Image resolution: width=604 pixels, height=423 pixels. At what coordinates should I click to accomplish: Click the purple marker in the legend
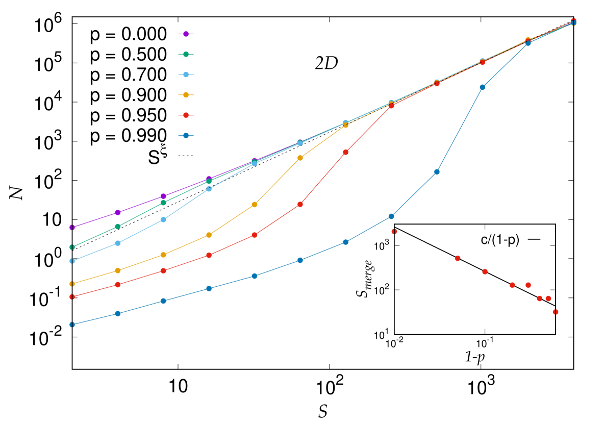[186, 34]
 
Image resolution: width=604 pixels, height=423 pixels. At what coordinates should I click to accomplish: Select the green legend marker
[186, 54]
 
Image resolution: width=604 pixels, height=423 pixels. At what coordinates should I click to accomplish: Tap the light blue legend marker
[186, 74]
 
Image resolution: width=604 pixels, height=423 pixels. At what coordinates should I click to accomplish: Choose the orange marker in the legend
[186, 95]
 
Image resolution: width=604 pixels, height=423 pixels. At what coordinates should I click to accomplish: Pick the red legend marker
[186, 115]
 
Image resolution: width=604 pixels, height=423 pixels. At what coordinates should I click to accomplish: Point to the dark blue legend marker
[186, 136]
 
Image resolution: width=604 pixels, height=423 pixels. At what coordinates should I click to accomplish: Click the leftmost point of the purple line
[72, 228]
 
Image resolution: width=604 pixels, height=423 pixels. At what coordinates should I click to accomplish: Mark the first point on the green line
[72, 247]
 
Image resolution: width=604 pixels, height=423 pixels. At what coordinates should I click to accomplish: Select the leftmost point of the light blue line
[72, 261]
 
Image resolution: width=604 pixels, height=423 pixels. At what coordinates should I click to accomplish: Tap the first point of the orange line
[72, 284]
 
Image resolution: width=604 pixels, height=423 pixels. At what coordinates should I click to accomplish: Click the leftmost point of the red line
[72, 296]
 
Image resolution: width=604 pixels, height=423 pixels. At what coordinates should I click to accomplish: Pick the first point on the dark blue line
[72, 325]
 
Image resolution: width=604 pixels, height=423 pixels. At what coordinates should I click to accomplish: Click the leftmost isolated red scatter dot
[394, 232]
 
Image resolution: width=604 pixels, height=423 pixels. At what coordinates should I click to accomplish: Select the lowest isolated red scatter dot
[556, 312]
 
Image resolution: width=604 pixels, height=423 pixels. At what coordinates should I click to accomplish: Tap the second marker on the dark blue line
[118, 313]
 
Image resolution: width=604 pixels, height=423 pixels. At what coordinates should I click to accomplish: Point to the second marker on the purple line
[118, 212]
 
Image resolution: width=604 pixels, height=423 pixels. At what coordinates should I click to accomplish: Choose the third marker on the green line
[163, 203]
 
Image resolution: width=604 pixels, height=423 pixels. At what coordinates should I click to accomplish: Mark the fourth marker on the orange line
[209, 235]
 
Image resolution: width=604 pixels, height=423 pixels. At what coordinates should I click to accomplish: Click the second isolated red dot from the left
[458, 258]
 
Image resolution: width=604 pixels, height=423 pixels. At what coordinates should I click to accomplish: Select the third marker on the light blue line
[163, 219]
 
